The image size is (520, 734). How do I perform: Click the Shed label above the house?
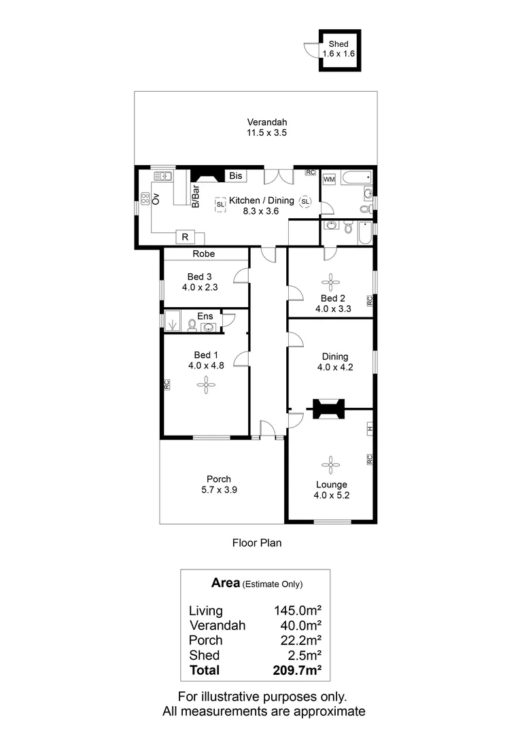pyautogui.click(x=338, y=44)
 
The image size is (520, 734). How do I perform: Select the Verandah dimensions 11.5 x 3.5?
pyautogui.click(x=266, y=134)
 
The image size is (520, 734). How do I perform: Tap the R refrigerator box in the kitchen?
pyautogui.click(x=184, y=237)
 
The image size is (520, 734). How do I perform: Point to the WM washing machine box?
pyautogui.click(x=329, y=179)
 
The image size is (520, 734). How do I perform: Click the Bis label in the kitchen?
pyautogui.click(x=235, y=176)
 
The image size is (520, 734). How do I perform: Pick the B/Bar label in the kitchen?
pyautogui.click(x=195, y=195)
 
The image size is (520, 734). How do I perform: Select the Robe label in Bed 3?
pyautogui.click(x=203, y=254)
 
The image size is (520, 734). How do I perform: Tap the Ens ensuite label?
pyautogui.click(x=205, y=316)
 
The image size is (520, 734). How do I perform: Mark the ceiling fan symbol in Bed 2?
pyautogui.click(x=331, y=280)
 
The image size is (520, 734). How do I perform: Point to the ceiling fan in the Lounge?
pyautogui.click(x=331, y=464)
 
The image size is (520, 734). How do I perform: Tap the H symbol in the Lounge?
pyautogui.click(x=370, y=429)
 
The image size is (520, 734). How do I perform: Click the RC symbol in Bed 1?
pyautogui.click(x=166, y=384)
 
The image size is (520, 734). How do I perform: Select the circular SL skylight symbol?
pyautogui.click(x=305, y=202)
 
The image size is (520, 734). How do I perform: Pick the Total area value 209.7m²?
pyautogui.click(x=297, y=670)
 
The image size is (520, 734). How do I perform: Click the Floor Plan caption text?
pyautogui.click(x=256, y=543)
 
